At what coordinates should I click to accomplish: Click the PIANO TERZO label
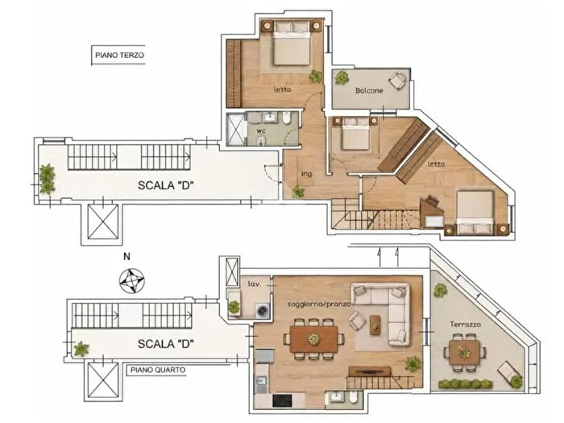(x=119, y=56)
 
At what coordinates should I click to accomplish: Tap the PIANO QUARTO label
(x=158, y=370)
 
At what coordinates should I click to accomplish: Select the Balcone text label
(x=369, y=90)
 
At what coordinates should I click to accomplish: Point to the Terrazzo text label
(x=466, y=325)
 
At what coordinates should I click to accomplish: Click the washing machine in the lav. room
(x=262, y=311)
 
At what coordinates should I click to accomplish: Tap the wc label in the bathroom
(x=261, y=131)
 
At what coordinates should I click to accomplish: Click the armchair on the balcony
(x=398, y=81)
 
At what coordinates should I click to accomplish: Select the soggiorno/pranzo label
(x=319, y=305)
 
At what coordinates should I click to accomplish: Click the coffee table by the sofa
(x=375, y=326)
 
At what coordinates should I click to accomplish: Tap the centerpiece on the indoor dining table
(x=313, y=339)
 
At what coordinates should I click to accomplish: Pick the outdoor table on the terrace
(x=464, y=353)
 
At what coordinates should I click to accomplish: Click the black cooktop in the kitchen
(x=282, y=400)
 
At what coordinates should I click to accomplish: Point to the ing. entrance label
(x=307, y=174)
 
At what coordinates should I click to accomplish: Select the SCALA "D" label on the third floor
(x=166, y=185)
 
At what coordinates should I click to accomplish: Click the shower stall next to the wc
(x=236, y=130)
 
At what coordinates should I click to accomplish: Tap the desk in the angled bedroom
(x=432, y=212)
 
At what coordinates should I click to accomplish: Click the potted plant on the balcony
(x=342, y=77)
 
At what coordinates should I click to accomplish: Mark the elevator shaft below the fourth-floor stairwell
(x=103, y=381)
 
